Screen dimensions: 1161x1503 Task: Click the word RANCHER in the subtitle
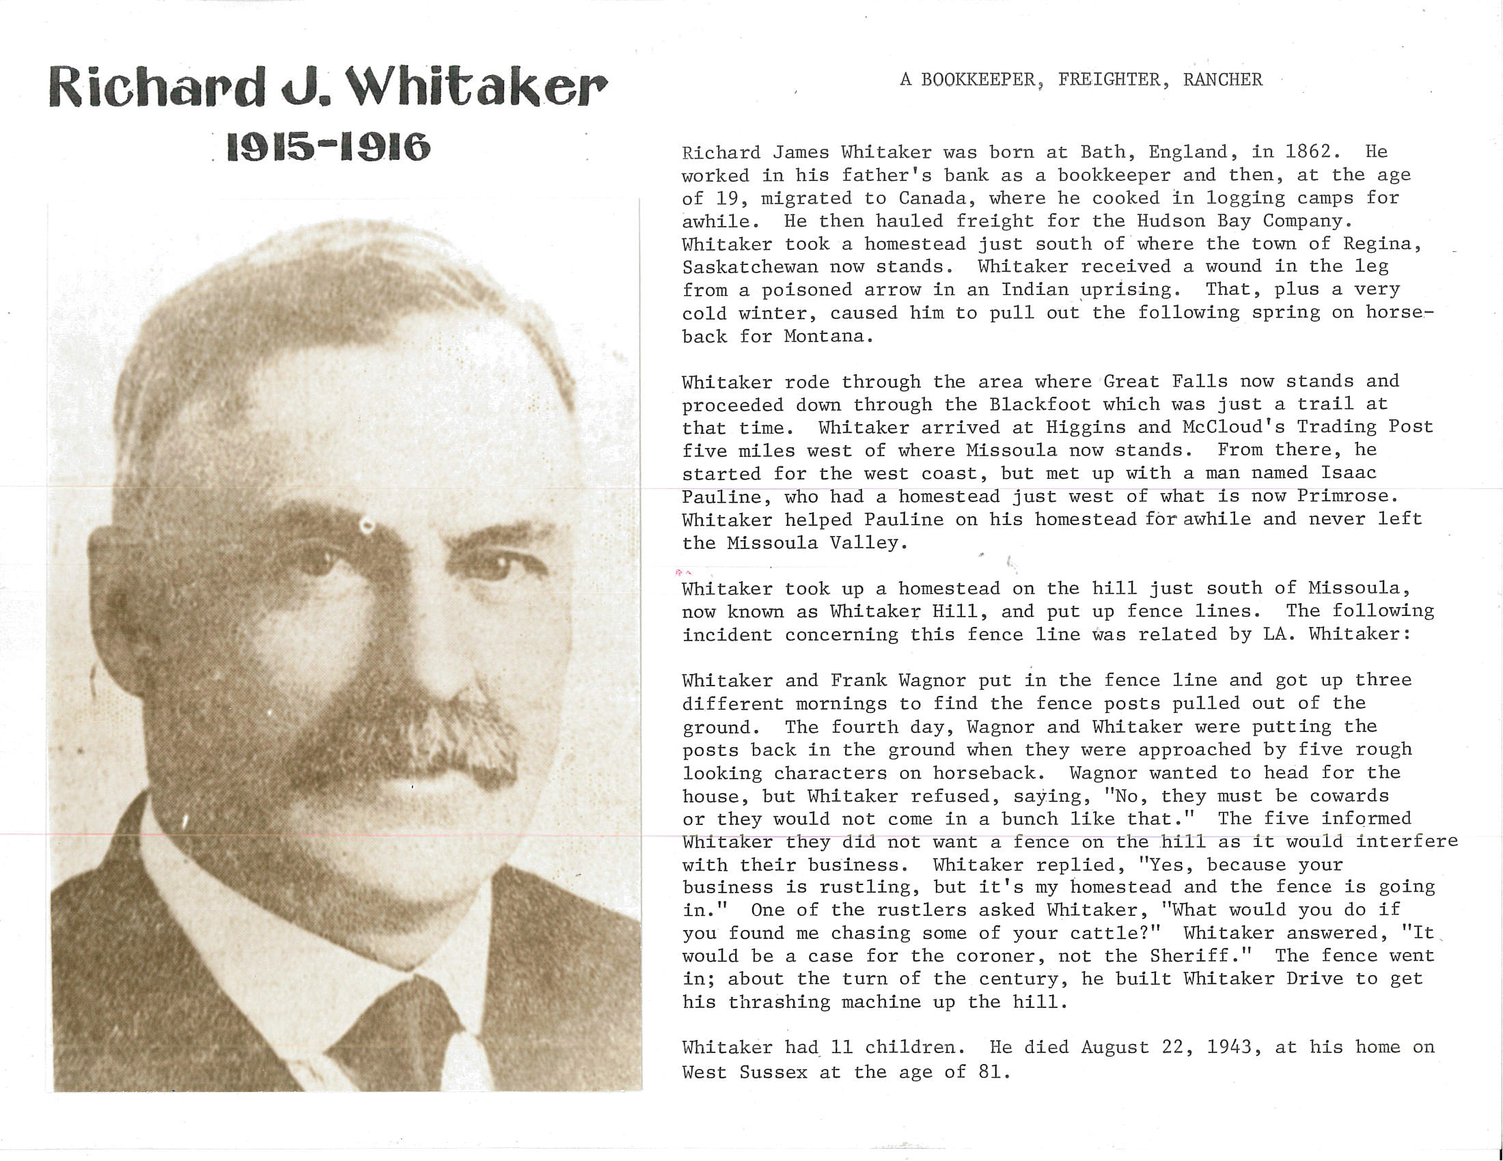(1222, 80)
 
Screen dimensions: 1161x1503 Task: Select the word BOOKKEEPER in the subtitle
(977, 80)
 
